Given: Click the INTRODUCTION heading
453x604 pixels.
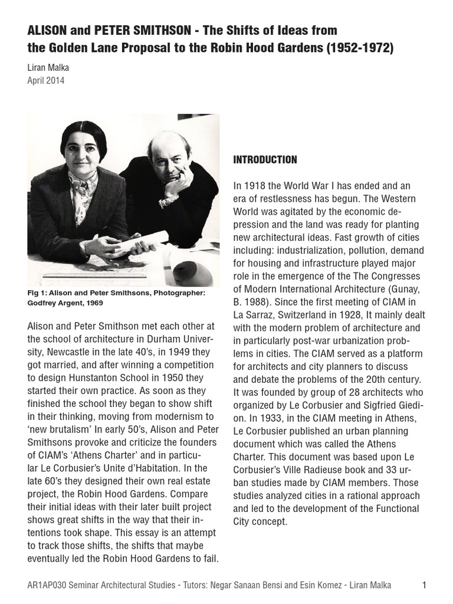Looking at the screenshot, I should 265,160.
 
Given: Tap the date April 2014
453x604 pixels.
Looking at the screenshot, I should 46,81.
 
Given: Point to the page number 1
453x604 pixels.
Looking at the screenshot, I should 424,585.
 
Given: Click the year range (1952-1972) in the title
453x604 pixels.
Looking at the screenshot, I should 359,48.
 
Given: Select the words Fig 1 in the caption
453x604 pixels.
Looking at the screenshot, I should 37,293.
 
